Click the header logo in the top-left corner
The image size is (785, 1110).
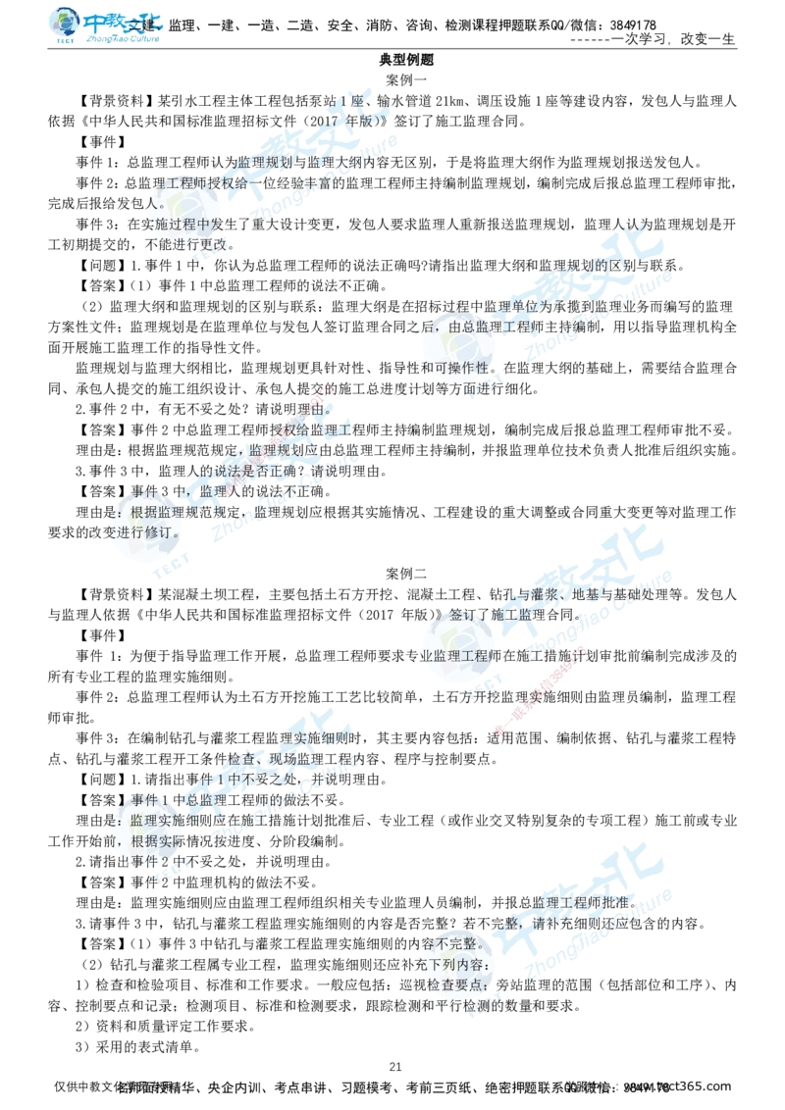pos(106,26)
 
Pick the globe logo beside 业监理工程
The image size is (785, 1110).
pos(459,649)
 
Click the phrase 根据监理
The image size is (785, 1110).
pos(162,511)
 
